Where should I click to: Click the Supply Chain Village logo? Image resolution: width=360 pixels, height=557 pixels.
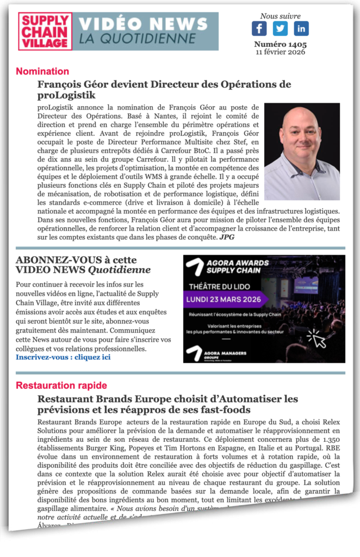pyautogui.click(x=45, y=32)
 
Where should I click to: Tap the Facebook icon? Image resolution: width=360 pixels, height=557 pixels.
pyautogui.click(x=259, y=29)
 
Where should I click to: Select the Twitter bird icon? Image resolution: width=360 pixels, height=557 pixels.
pyautogui.click(x=280, y=29)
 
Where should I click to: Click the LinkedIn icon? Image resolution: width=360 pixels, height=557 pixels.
pyautogui.click(x=301, y=29)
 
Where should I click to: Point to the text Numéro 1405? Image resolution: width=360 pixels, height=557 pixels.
pyautogui.click(x=280, y=45)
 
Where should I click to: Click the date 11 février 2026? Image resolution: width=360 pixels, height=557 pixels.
pyautogui.click(x=280, y=52)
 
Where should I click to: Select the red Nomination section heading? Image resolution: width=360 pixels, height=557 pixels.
pyautogui.click(x=42, y=71)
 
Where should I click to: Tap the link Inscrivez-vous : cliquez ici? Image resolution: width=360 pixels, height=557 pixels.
pyautogui.click(x=63, y=357)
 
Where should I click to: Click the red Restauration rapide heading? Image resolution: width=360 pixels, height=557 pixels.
pyautogui.click(x=61, y=386)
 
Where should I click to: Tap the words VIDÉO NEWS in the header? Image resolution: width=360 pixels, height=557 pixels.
pyautogui.click(x=143, y=24)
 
